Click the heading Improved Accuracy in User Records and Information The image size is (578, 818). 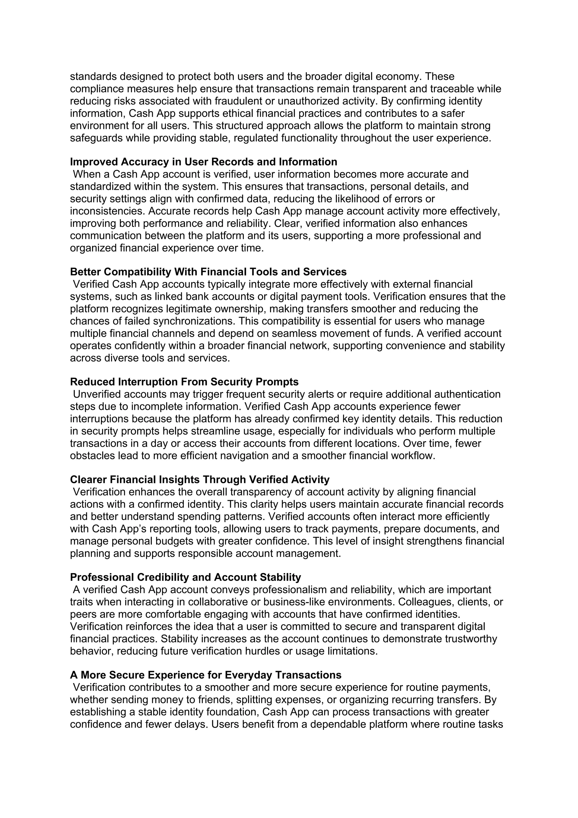(203, 162)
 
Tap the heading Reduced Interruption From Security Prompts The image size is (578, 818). (184, 382)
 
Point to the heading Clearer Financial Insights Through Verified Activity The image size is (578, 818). (200, 480)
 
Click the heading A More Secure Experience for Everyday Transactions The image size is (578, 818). (205, 675)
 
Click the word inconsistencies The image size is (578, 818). (107, 211)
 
